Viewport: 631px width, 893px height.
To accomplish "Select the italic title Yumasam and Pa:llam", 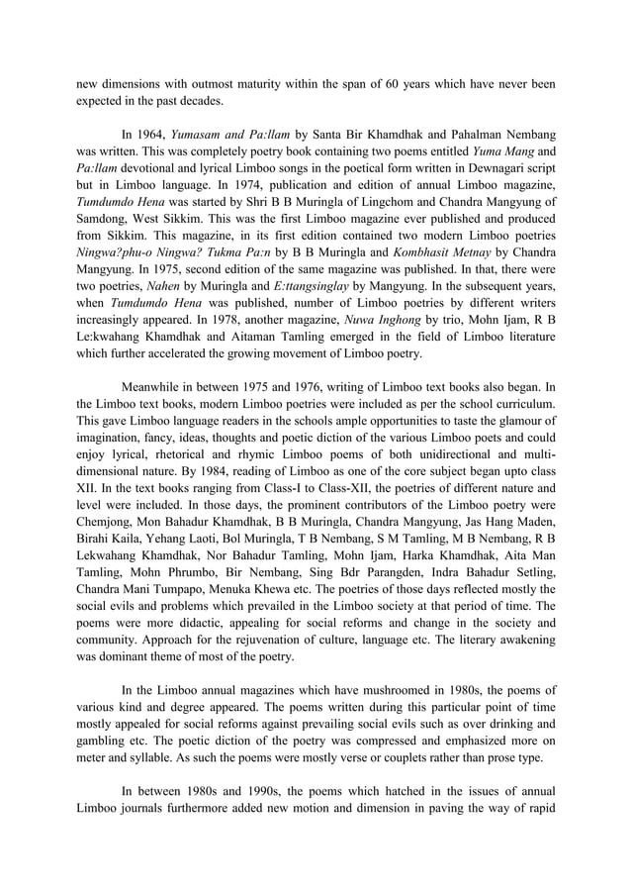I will (234, 133).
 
